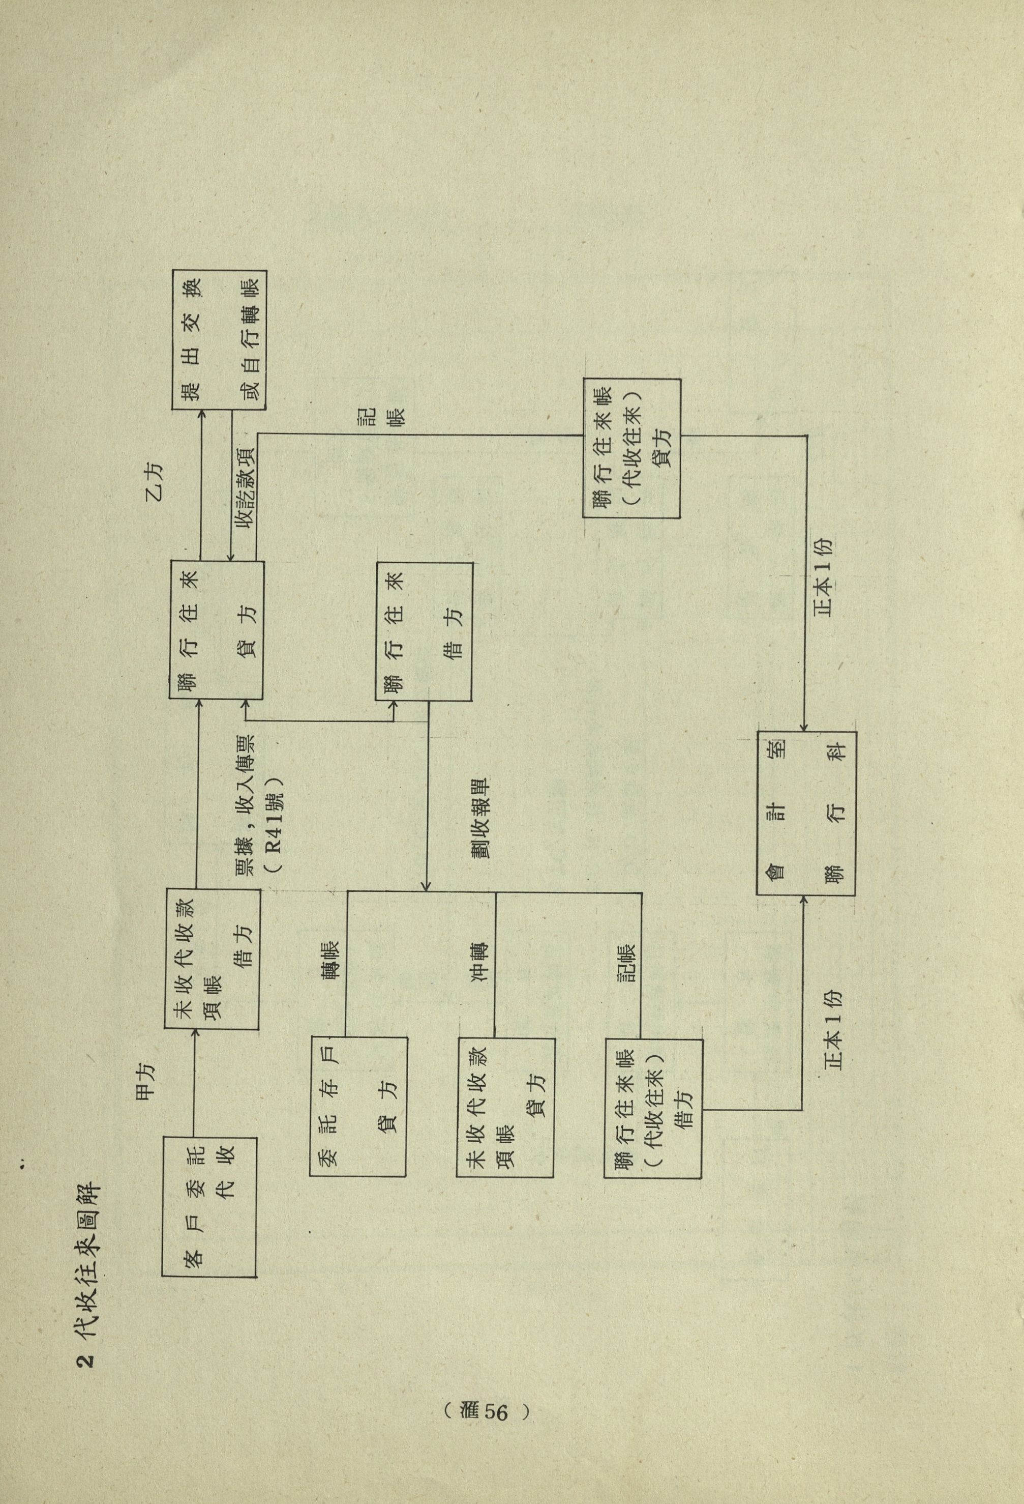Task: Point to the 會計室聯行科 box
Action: [x=806, y=814]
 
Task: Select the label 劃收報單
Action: [x=480, y=817]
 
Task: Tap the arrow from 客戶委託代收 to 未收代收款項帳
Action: [x=193, y=1090]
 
